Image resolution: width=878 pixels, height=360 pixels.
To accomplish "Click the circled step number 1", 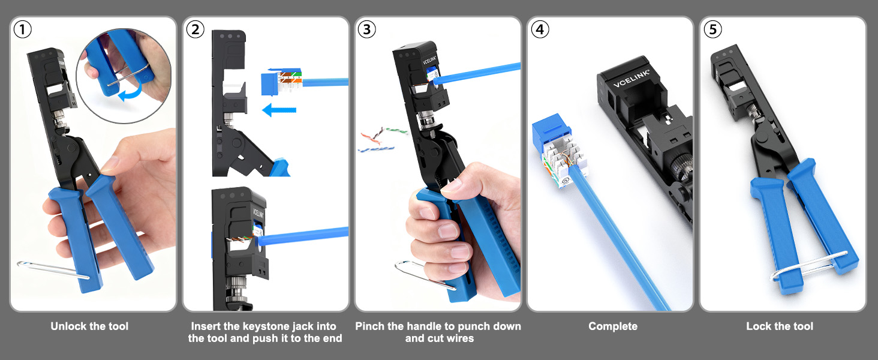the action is point(23,29).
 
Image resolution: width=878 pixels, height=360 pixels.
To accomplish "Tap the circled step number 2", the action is point(195,29).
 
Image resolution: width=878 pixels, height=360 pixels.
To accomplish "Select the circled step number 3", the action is point(367,29).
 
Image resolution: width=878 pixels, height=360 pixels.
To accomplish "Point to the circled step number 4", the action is point(540,29).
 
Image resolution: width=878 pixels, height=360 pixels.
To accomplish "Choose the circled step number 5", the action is point(712,29).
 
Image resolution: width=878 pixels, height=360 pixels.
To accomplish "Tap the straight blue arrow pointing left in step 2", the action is point(279,110).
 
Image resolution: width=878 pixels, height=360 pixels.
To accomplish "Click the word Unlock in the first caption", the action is point(68,326).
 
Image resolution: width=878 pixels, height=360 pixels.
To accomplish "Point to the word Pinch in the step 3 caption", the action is point(370,326).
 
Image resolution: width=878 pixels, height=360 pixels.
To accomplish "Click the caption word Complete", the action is point(613,326).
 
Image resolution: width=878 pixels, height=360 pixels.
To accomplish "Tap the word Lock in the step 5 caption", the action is point(759,326).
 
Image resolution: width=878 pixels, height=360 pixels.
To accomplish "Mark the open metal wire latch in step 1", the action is point(53,270).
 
